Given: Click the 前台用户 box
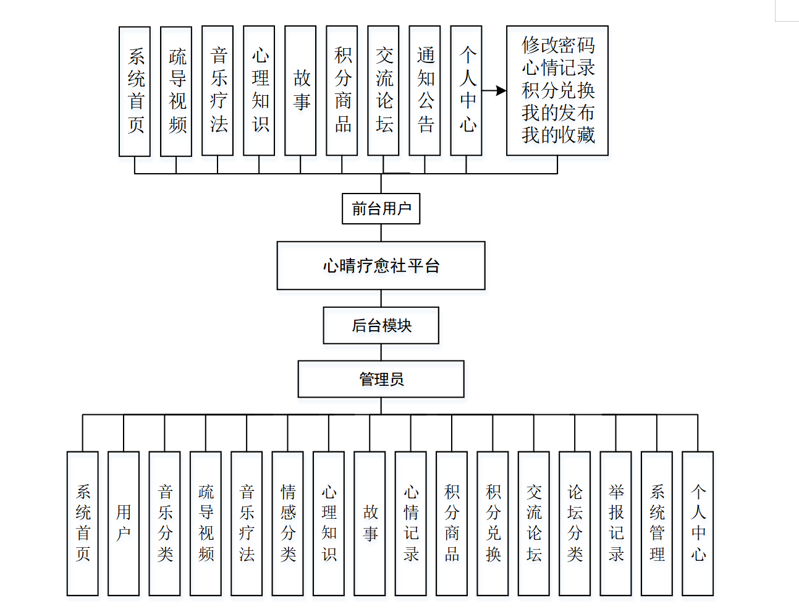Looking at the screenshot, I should click(381, 209).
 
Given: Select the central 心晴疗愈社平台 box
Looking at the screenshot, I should click(381, 266).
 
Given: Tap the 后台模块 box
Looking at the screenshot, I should click(381, 325).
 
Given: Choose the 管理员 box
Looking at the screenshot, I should click(381, 379).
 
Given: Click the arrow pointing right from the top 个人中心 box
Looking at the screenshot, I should click(494, 91).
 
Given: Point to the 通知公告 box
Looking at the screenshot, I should click(425, 90).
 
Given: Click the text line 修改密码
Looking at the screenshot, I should click(557, 45).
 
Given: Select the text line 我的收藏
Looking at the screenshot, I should click(557, 135).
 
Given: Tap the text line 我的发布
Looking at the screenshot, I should click(557, 113).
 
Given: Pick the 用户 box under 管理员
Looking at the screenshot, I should click(124, 523).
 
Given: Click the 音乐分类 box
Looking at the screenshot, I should click(164, 523).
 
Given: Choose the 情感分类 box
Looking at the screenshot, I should click(287, 523).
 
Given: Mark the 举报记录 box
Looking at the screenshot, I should click(615, 523).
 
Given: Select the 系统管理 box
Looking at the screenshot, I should click(656, 523).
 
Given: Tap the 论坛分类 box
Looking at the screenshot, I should click(574, 523).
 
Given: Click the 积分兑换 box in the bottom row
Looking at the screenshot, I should click(493, 523).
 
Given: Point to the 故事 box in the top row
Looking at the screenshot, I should click(300, 90).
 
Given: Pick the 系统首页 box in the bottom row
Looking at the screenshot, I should click(83, 523).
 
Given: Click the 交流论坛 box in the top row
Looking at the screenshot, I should click(383, 90).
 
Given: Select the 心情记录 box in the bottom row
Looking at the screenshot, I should click(410, 523).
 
